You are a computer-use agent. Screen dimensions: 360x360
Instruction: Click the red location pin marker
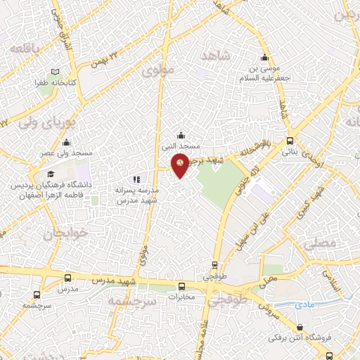tap(181, 164)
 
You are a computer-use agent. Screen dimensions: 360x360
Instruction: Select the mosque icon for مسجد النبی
tap(181, 136)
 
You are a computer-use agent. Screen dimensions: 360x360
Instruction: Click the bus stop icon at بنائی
tap(290, 141)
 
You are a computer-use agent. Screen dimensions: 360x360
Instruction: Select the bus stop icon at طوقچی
tap(215, 266)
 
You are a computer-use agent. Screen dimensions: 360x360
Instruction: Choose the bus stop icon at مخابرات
tap(182, 286)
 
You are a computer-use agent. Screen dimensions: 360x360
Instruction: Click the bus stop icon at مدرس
tap(67, 278)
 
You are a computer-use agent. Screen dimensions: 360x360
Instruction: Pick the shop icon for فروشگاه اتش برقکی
tap(300, 327)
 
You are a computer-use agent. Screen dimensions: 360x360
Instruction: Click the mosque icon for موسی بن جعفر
tap(264, 58)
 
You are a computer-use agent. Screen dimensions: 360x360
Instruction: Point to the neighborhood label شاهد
tap(215, 56)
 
